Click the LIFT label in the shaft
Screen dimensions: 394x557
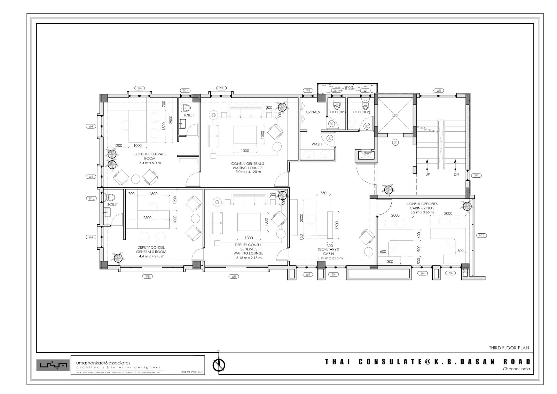pyautogui.click(x=395, y=115)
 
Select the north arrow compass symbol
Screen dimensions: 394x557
pyautogui.click(x=219, y=365)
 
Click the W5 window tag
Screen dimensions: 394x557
pyautogui.click(x=439, y=91)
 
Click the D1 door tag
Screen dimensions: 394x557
pyautogui.click(x=331, y=124)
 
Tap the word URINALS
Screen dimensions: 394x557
pyautogui.click(x=313, y=112)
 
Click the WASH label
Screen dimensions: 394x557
pyautogui.click(x=316, y=144)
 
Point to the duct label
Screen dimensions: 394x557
pyautogui.click(x=367, y=153)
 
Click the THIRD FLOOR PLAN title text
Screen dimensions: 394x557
pyautogui.click(x=509, y=348)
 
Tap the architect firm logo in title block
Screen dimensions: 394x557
pyautogui.click(x=53, y=365)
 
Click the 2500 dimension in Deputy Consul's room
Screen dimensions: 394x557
pyautogui.click(x=147, y=218)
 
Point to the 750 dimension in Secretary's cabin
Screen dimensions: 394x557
pyautogui.click(x=323, y=193)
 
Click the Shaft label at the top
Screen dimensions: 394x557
pyautogui.click(x=348, y=87)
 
